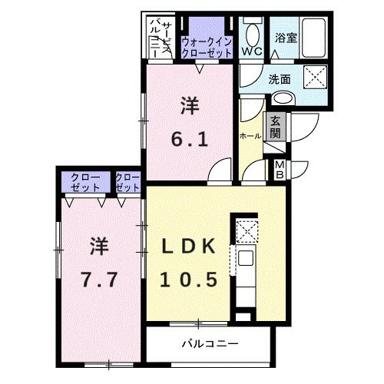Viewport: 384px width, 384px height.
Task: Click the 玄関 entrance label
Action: pos(275,127)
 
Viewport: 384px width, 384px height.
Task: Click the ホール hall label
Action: pos(250,136)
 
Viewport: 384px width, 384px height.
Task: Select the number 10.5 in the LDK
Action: pos(194,279)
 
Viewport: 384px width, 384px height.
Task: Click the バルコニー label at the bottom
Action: pos(210,343)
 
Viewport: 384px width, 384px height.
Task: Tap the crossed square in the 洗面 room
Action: pos(314,77)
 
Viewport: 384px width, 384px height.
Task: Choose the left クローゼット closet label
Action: pos(85,182)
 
